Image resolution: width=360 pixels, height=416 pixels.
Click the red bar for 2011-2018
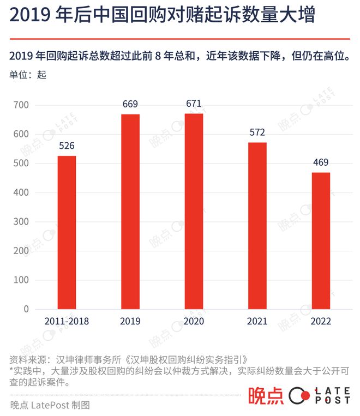coord(67,232)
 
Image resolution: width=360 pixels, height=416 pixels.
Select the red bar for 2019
coord(130,212)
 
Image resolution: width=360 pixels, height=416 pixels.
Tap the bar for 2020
coord(194,211)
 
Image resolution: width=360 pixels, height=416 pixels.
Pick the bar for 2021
coord(257,226)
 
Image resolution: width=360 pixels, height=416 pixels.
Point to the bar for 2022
coord(321,240)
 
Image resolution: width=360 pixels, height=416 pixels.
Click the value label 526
coord(67,146)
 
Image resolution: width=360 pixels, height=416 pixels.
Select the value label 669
coord(130,104)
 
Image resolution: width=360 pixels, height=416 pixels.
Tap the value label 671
coord(194,104)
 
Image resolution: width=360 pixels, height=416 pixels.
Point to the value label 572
coord(257,132)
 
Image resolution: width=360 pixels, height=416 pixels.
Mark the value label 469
coord(321,162)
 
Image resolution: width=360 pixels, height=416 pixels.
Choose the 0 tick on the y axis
coord(26,309)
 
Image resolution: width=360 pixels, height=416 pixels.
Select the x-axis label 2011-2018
coord(67,321)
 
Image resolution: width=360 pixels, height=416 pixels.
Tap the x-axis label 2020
coord(194,321)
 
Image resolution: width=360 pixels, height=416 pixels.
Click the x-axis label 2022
coord(321,321)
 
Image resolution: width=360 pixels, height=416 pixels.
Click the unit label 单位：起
coord(28,75)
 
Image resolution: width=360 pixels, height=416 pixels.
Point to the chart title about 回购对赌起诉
coord(162,16)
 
